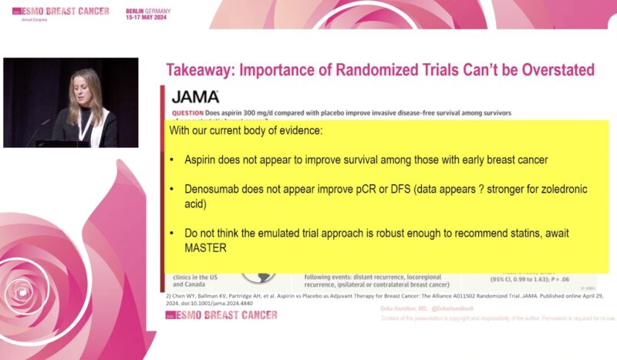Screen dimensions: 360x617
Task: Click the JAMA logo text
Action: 194,96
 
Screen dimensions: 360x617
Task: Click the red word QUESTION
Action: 188,113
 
